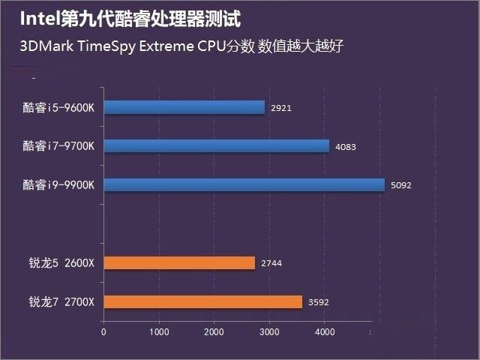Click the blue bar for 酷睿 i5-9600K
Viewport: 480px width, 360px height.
[184, 107]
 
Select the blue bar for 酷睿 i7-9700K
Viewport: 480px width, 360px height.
[216, 145]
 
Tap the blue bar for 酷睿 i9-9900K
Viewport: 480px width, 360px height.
[244, 184]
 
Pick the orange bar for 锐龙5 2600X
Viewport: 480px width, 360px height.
[179, 262]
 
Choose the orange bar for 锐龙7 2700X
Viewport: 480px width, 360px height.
[202, 301]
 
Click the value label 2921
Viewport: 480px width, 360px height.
[281, 108]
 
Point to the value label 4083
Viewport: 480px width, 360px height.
[346, 146]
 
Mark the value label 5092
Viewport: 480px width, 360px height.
[402, 185]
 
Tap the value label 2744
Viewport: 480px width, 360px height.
[271, 263]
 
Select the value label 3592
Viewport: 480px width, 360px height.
[319, 302]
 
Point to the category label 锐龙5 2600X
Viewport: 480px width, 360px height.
[61, 262]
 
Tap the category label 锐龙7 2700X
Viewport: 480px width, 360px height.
[61, 301]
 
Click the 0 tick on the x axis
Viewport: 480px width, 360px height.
[103, 331]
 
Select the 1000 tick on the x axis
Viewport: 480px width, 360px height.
[158, 331]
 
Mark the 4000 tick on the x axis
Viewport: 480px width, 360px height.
[323, 331]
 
